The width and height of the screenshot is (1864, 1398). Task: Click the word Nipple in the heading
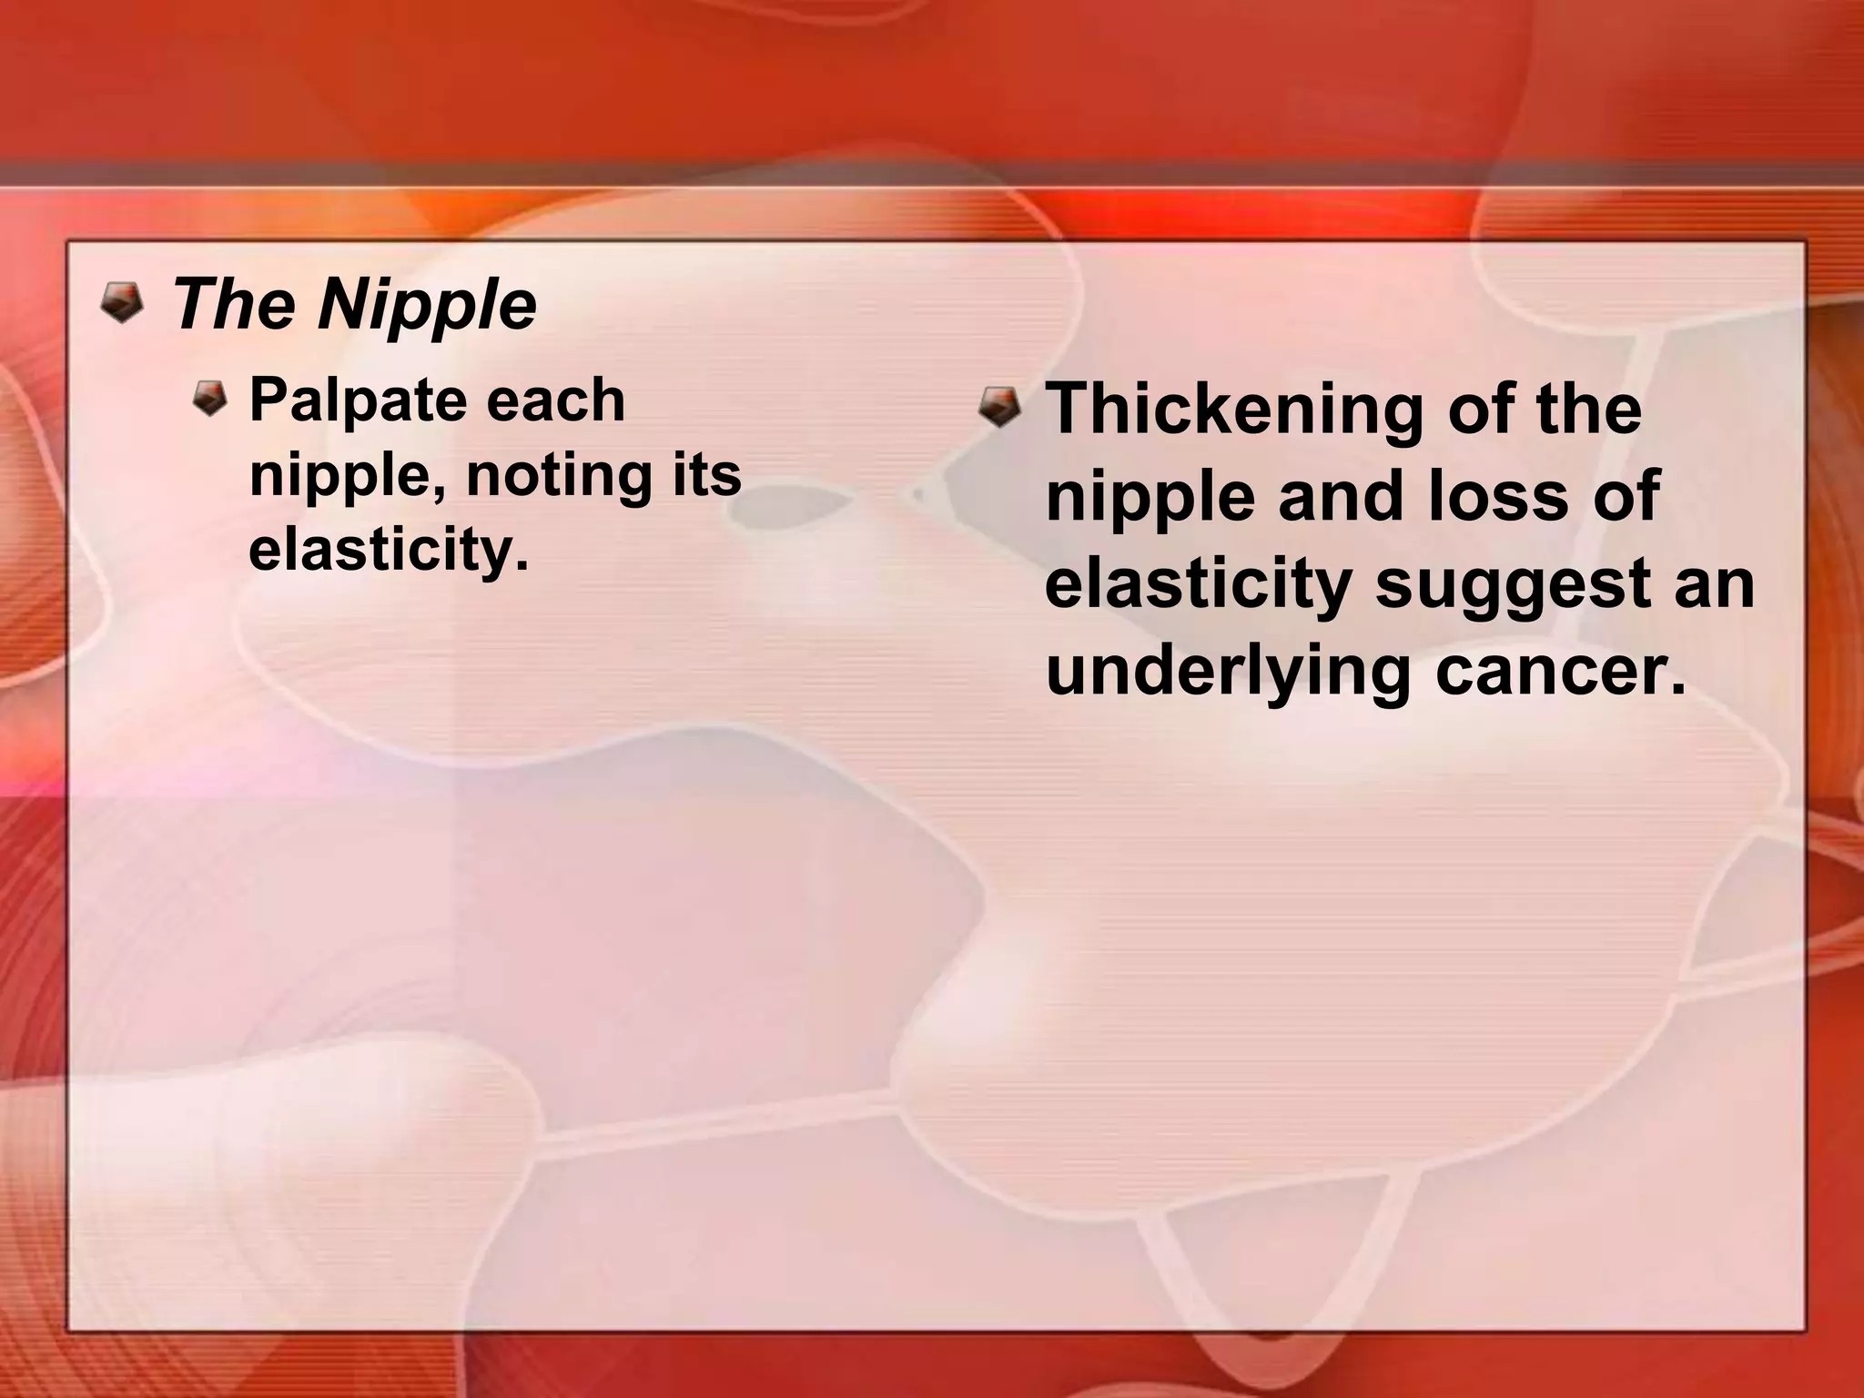[427, 305]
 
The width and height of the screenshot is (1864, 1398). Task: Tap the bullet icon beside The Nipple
[121, 302]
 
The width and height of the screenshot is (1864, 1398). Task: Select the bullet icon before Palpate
[211, 399]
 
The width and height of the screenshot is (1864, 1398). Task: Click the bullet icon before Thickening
[999, 405]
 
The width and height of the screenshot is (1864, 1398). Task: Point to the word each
[554, 400]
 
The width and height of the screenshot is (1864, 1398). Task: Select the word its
[707, 474]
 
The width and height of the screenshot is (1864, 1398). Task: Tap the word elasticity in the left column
[388, 550]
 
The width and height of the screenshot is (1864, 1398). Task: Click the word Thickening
[1234, 409]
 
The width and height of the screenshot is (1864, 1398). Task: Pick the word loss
[1495, 496]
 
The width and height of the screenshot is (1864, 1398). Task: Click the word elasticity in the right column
[1197, 583]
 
